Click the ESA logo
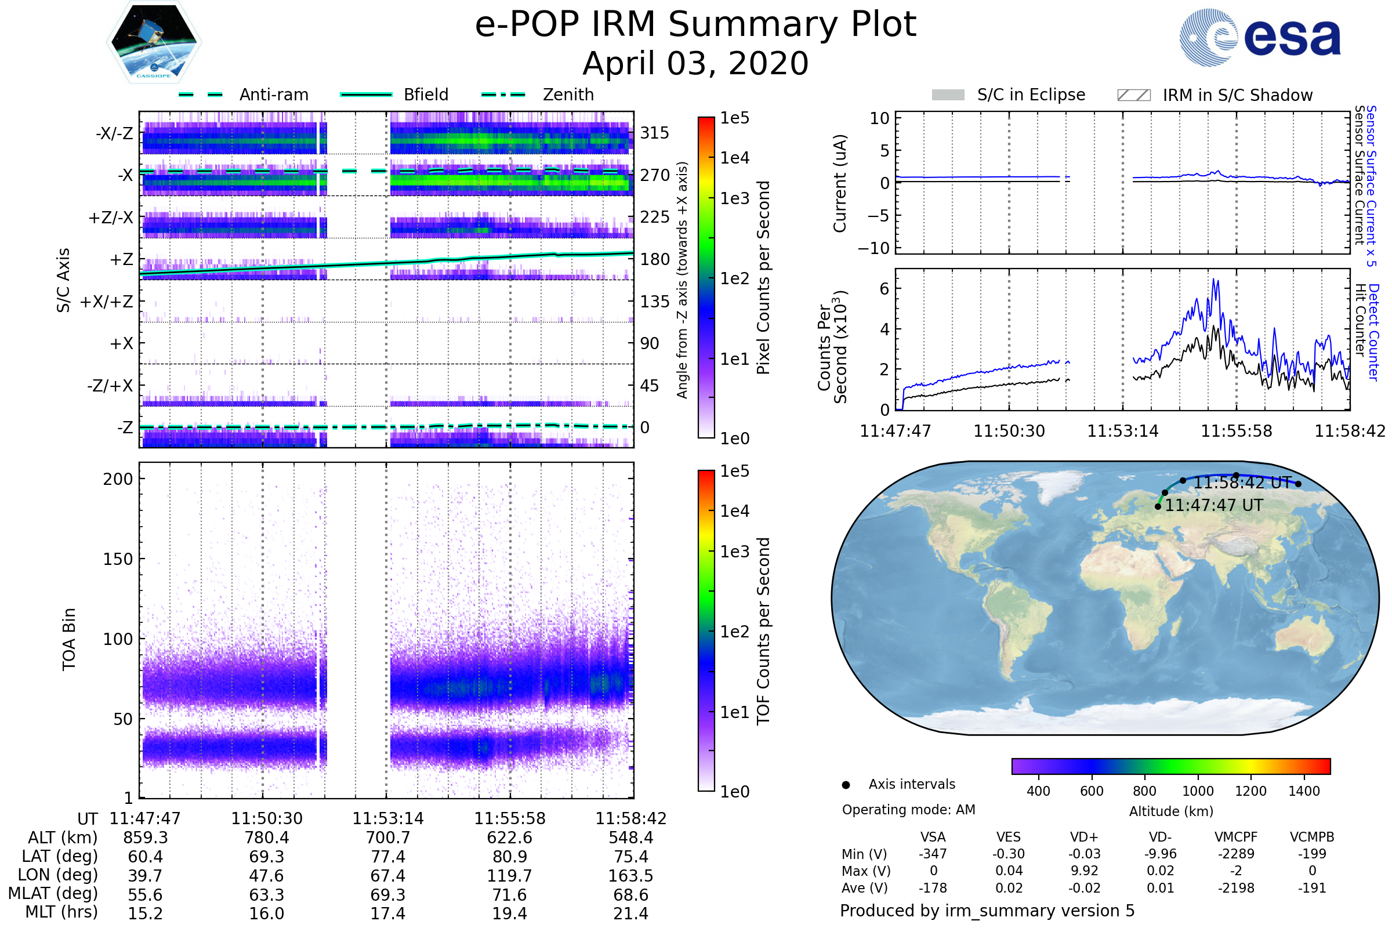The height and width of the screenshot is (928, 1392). point(1260,37)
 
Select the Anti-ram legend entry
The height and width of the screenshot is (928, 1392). point(273,95)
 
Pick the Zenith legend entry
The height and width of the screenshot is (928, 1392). point(568,95)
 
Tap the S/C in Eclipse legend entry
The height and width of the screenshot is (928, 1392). point(1031,95)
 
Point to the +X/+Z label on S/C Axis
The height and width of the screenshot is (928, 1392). point(107,302)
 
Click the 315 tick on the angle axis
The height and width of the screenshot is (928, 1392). point(655,133)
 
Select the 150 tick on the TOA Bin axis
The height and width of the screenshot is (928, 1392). point(118,559)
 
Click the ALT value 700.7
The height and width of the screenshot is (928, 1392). point(387,838)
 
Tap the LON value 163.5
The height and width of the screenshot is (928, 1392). point(631,876)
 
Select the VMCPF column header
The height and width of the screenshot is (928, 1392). point(1236,838)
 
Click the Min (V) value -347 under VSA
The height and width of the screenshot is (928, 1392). point(933,854)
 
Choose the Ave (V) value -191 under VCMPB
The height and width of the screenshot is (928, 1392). point(1312,888)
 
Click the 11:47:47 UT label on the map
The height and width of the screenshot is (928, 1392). point(1214,505)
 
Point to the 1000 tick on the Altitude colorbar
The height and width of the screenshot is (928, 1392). point(1198,791)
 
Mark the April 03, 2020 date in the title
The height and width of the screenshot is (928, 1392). point(695,63)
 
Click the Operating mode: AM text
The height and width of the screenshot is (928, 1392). point(908,810)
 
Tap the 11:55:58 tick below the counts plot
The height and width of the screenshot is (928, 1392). point(1237,431)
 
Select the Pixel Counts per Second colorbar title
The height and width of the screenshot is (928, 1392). point(763,278)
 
